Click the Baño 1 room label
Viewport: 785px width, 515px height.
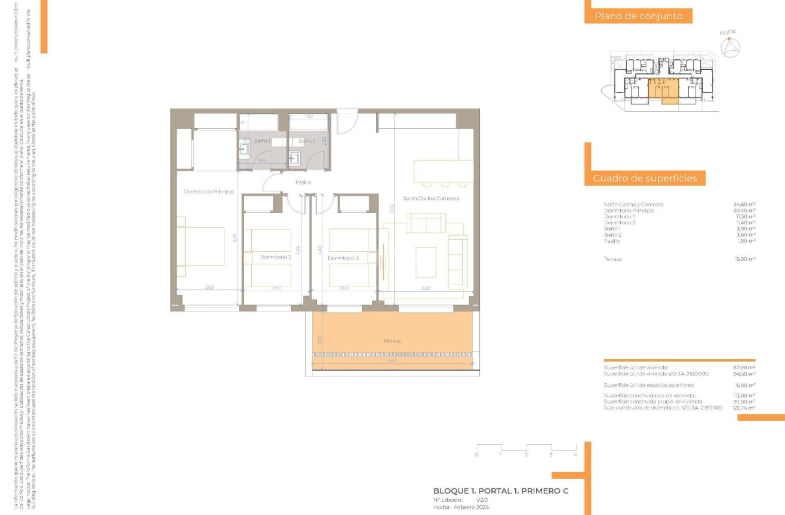pos(262,141)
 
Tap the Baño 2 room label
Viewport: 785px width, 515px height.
pos(306,141)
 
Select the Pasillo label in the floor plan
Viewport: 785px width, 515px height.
pos(303,182)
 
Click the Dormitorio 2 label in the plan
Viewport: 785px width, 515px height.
pos(276,257)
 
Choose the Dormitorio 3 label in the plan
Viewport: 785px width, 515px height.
pos(343,258)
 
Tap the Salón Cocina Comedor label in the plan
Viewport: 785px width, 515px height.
pos(430,198)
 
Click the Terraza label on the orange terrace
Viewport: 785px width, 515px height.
pos(392,341)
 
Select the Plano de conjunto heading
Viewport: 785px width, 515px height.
pos(638,16)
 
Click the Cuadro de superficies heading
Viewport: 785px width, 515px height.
pos(645,178)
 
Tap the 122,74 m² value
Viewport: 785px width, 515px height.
pos(743,408)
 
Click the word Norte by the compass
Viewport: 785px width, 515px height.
pos(728,32)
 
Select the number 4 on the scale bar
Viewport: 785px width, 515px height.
pos(575,455)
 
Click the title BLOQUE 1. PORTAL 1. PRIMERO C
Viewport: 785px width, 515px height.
pos(500,491)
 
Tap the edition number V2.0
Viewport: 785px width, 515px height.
pos(482,499)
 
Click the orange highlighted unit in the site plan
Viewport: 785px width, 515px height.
pos(663,90)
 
